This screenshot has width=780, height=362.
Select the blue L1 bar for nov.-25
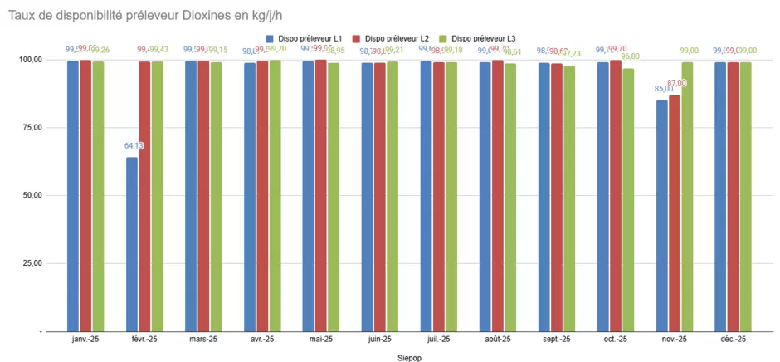tap(661, 216)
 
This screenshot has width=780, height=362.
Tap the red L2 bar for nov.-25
tap(675, 213)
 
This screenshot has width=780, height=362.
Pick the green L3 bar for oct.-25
tap(628, 199)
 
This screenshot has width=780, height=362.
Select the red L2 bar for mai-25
tap(321, 196)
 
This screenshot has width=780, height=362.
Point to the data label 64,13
tap(134, 146)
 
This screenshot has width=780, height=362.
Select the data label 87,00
tap(677, 83)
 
